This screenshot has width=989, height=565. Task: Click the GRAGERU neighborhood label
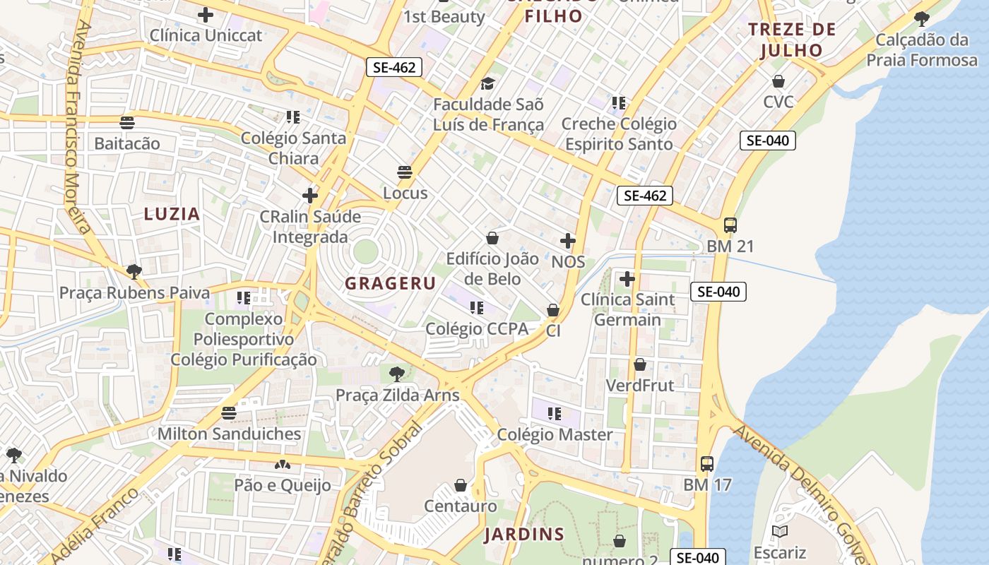coord(390,284)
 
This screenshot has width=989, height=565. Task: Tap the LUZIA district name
coord(172,214)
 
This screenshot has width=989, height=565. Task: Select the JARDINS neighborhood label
coord(524,535)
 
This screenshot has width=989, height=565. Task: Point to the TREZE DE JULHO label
coord(792,40)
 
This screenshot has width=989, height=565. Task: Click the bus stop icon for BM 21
coord(730,225)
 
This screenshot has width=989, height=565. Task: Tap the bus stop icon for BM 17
coord(706,464)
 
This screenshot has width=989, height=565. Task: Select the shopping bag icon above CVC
coord(778,81)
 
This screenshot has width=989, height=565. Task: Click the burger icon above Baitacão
coord(127,123)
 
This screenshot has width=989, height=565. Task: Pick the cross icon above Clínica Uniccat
coord(206,14)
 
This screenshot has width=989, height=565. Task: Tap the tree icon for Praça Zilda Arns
coord(397,374)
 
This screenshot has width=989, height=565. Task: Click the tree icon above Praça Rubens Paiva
coord(134,271)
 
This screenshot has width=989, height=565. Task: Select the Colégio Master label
coord(555,434)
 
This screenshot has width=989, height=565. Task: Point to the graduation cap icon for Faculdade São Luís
coord(488,84)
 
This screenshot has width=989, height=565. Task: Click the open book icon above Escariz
coord(779,531)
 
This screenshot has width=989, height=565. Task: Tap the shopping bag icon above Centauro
coord(461,485)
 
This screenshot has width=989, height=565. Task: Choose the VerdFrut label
coord(640,386)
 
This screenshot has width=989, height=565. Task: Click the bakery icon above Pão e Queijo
coord(283,465)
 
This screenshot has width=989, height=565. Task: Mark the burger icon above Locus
coord(405,172)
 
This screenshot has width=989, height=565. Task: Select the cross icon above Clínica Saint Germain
coord(627,279)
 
